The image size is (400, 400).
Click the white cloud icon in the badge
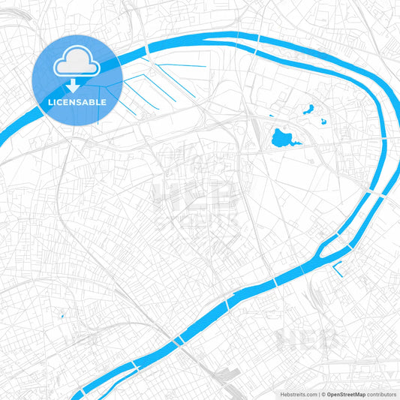point(77,65)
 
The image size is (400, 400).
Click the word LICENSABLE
point(77,102)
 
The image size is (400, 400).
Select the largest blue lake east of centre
point(281,138)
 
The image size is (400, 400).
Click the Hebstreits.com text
point(298,393)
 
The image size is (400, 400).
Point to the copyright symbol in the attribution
point(322,393)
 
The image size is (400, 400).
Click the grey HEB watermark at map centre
point(196,200)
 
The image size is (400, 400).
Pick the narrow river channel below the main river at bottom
point(113,384)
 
